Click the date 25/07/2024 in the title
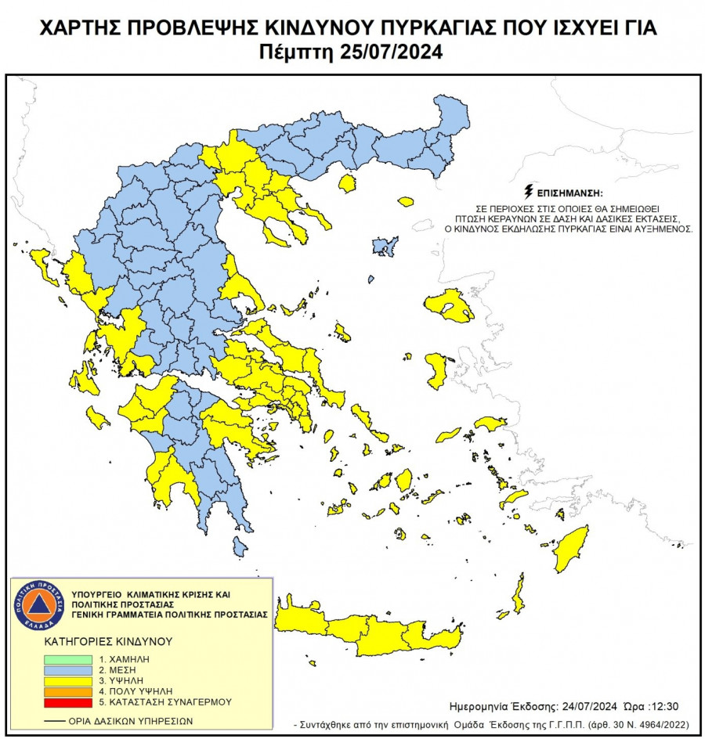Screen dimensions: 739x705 tap(391, 53)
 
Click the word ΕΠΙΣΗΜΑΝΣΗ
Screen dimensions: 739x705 tap(571, 192)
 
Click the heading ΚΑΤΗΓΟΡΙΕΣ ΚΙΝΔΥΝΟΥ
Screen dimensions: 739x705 tap(107, 640)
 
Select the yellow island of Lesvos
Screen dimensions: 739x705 tap(450, 305)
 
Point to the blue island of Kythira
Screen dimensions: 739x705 tap(240, 544)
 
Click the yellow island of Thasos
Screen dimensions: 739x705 tap(347, 184)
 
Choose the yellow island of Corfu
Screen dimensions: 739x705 tap(43, 265)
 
